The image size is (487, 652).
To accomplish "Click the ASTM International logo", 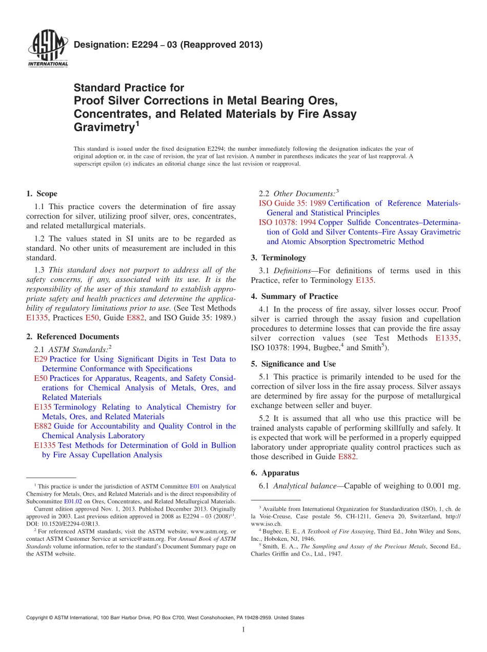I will click(47, 49).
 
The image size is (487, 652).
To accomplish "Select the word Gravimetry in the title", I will click(104, 128).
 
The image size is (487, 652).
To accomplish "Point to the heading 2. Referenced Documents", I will click(72, 337).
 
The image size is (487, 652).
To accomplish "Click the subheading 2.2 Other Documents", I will click(299, 194).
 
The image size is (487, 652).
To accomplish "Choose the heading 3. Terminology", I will click(278, 258).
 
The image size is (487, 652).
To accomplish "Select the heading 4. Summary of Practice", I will click(294, 296).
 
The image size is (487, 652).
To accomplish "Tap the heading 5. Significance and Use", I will click(293, 364).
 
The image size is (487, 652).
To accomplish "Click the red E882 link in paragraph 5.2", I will click(348, 457).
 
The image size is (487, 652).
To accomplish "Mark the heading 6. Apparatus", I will click(275, 473).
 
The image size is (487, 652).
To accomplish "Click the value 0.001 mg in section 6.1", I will click(442, 486).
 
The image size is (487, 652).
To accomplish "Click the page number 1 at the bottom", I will click(243, 630).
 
